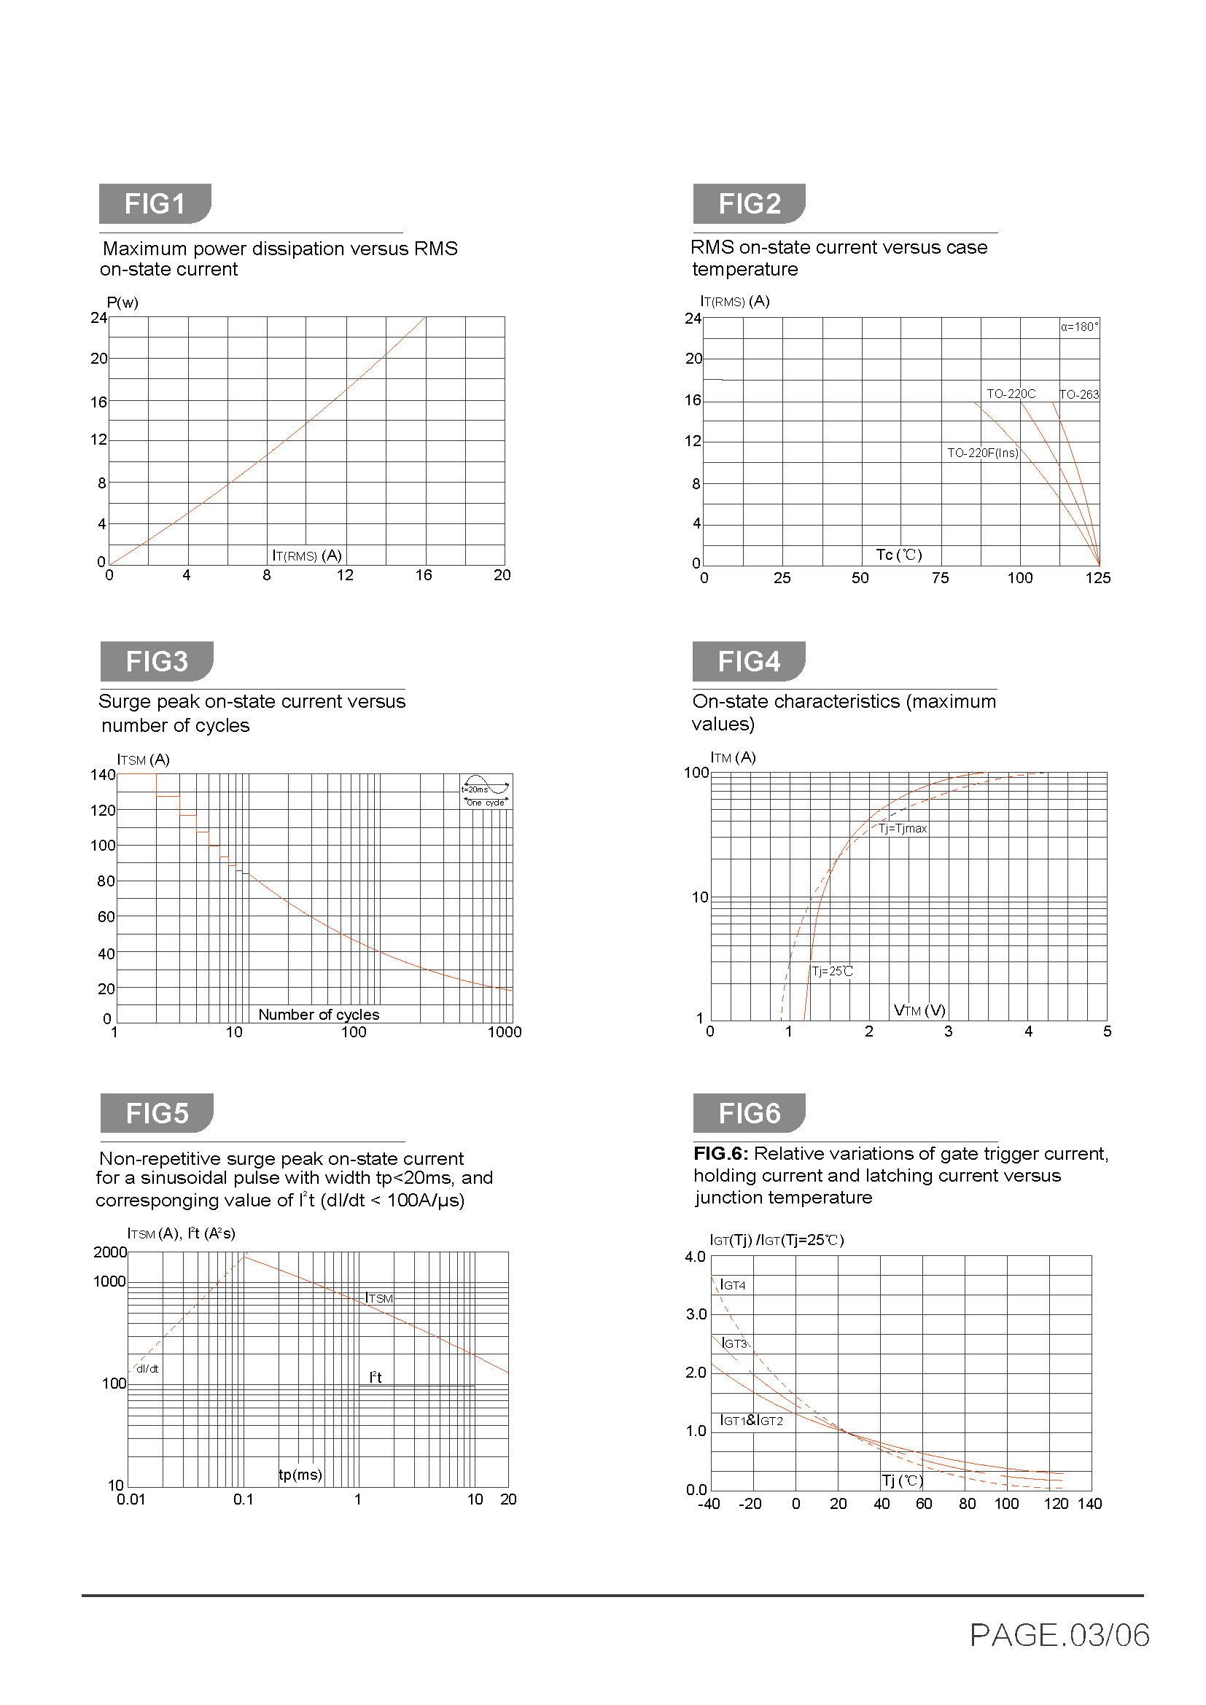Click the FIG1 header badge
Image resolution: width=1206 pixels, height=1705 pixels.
click(155, 203)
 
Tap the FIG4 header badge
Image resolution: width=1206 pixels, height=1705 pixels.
click(748, 661)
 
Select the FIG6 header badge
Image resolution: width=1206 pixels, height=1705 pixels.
click(749, 1113)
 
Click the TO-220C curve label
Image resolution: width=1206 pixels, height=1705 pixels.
click(1010, 394)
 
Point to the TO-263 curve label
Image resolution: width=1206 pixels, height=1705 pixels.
click(1078, 394)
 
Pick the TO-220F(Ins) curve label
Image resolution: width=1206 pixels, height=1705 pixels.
click(981, 453)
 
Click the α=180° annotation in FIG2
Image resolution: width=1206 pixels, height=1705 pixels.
click(1079, 327)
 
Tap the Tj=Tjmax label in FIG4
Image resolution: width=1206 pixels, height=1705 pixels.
click(902, 828)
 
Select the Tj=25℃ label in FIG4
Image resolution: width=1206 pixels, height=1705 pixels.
click(832, 971)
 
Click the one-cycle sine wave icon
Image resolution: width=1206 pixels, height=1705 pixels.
click(486, 792)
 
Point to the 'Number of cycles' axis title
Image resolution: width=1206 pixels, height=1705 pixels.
click(319, 1015)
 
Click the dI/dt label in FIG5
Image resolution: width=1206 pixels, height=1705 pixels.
click(147, 1369)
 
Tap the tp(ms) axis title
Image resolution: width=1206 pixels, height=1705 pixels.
click(300, 1475)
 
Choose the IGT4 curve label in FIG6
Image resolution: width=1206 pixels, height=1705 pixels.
click(733, 1285)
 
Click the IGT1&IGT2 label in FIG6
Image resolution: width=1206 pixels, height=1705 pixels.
click(751, 1421)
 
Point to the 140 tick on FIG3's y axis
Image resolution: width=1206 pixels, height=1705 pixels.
click(103, 775)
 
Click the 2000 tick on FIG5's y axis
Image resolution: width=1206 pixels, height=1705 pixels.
click(110, 1252)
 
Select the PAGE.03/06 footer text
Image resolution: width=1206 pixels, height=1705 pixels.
click(1059, 1635)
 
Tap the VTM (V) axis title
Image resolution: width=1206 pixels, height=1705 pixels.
click(919, 1010)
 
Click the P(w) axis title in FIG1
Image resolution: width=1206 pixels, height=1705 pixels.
click(122, 303)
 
